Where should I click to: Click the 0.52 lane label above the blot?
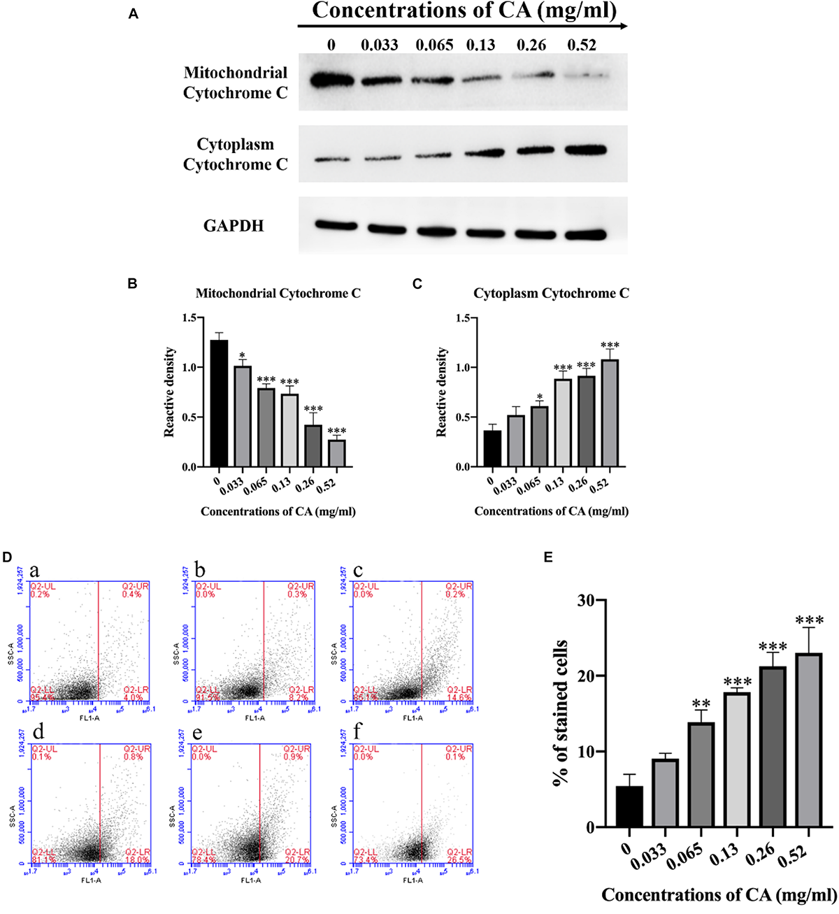582,45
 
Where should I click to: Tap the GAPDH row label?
234,226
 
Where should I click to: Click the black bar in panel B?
219,404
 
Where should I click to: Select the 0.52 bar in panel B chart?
336,441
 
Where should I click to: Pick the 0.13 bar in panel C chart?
564,423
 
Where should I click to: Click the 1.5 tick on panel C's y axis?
462,318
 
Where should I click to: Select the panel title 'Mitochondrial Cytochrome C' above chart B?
278,294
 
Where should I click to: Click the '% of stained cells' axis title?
560,713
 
